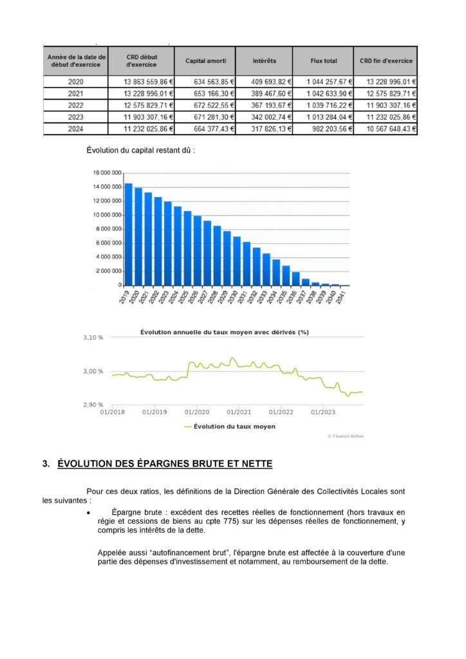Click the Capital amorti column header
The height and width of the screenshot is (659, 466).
click(x=205, y=61)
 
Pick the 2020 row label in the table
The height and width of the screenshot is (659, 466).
click(x=75, y=82)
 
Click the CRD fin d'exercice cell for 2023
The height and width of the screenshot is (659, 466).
click(x=385, y=117)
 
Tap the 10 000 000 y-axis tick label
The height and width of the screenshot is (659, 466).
click(x=107, y=215)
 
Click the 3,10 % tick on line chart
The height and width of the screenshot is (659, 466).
click(x=94, y=338)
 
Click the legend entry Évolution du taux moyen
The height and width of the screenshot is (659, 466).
click(x=230, y=427)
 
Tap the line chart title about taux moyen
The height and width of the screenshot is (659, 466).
click(x=234, y=332)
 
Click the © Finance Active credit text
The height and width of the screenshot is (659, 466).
click(x=346, y=436)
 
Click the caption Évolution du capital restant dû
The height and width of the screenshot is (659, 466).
click(x=140, y=151)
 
